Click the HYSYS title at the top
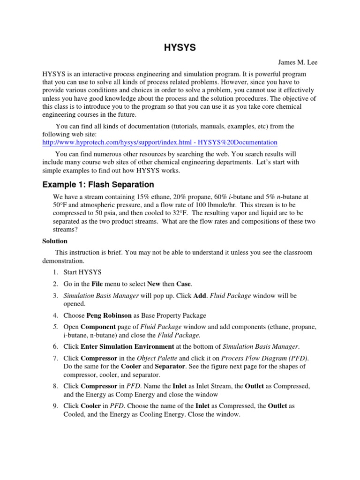[x=180, y=48]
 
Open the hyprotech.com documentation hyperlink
[x=160, y=142]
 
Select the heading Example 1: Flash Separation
[x=98, y=184]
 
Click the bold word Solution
[x=55, y=241]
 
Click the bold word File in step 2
[x=97, y=284]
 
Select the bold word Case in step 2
[x=184, y=284]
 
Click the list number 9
[x=55, y=405]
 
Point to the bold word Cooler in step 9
[x=90, y=405]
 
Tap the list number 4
[x=55, y=315]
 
